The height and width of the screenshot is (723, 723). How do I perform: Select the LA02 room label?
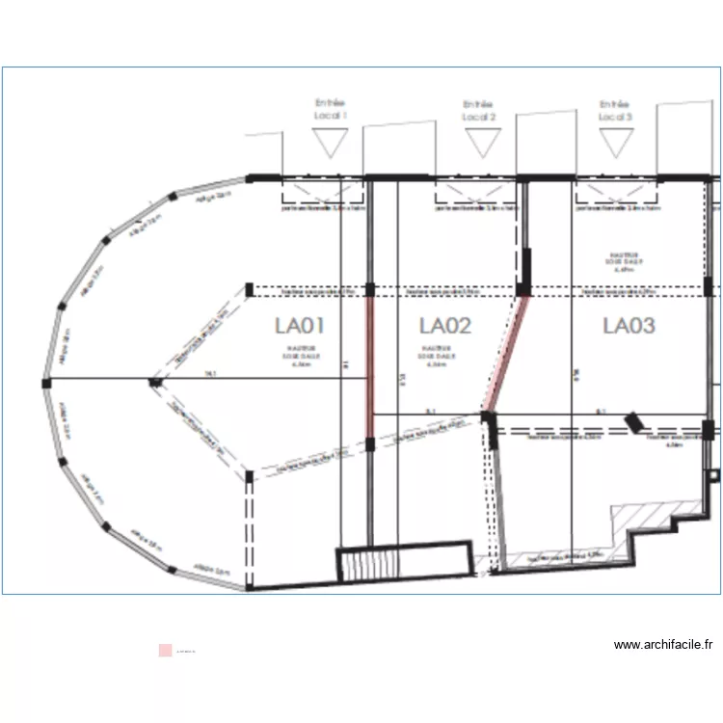(444, 326)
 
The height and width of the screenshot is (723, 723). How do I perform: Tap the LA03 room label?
(629, 325)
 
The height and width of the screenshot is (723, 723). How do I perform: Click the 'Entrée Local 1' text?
(331, 109)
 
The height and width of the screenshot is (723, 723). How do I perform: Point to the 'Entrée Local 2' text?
(478, 110)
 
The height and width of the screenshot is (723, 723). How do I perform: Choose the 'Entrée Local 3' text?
(615, 110)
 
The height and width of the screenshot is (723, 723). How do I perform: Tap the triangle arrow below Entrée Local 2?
(480, 143)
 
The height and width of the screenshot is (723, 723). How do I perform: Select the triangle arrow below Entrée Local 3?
(615, 143)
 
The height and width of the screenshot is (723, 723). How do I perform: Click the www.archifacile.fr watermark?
(662, 645)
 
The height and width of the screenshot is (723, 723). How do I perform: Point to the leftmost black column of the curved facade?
(46, 383)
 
